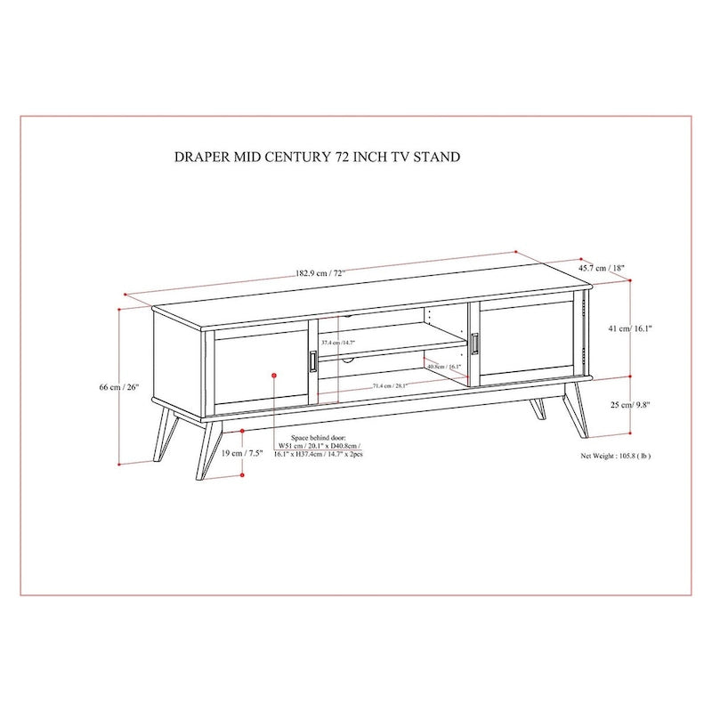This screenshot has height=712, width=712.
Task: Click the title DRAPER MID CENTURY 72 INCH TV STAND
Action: click(x=318, y=157)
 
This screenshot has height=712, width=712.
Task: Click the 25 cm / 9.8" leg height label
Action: click(x=631, y=405)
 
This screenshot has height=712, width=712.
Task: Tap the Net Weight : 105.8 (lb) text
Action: click(x=616, y=454)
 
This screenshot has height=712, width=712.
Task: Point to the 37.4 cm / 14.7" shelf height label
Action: click(x=338, y=342)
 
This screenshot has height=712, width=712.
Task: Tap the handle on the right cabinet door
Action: click(x=475, y=343)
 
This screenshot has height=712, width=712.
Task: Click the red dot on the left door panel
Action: click(x=273, y=376)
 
